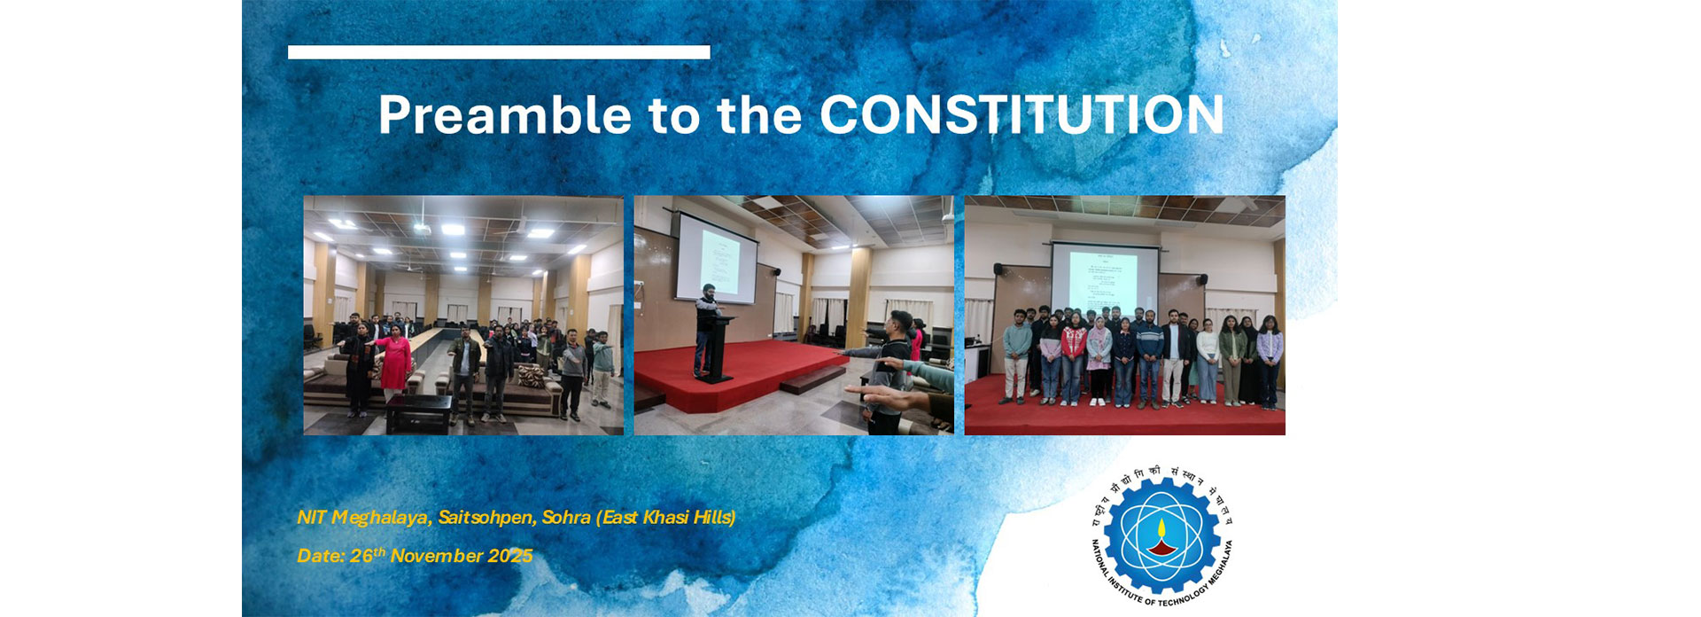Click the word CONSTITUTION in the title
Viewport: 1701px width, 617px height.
(1021, 115)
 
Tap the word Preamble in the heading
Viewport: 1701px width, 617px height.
(504, 115)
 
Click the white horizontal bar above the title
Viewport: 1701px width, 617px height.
(499, 52)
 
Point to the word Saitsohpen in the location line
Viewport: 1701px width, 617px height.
(485, 517)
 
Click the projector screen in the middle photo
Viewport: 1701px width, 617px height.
(718, 258)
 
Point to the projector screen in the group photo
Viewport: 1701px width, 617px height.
(1105, 278)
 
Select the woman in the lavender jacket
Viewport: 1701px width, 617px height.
(1270, 359)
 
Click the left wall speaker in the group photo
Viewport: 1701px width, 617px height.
(998, 269)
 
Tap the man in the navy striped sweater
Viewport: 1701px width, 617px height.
(1149, 359)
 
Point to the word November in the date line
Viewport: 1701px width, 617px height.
(438, 556)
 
